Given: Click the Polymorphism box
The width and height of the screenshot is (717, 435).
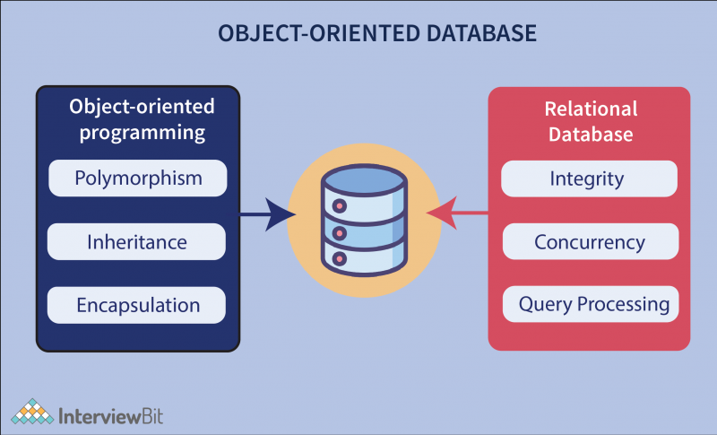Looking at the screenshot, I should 137,178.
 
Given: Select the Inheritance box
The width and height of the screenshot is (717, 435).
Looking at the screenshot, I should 137,241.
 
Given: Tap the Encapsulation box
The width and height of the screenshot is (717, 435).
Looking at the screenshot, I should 137,305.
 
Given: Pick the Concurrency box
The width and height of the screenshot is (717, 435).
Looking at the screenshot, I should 589,241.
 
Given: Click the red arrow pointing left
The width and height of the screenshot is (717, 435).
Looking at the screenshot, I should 457,213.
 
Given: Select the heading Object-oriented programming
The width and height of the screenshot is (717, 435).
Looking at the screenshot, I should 142,120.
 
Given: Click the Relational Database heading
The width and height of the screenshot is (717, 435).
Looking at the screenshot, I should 591,121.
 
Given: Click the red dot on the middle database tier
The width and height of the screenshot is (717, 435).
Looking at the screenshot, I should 338,233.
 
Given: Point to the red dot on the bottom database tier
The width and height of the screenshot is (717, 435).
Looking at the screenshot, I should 338,259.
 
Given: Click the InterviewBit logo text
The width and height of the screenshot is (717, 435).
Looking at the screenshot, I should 111,415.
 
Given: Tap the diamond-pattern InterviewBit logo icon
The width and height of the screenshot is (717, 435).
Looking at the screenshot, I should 32,413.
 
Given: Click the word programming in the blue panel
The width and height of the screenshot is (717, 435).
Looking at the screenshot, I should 143,134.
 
